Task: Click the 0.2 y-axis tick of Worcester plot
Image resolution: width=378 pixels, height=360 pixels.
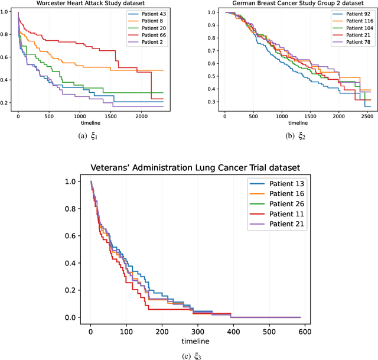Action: [6, 103]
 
